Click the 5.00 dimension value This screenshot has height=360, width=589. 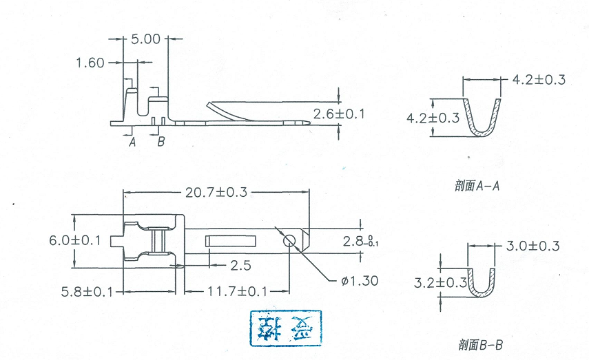click(x=145, y=39)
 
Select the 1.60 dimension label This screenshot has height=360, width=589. click(x=90, y=63)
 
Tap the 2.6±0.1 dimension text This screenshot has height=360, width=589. click(x=339, y=114)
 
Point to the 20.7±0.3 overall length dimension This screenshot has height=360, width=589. click(x=216, y=192)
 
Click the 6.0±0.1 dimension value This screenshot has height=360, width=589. click(x=75, y=240)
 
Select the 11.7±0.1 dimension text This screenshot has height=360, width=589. click(x=234, y=292)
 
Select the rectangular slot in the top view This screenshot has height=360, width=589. click(x=229, y=241)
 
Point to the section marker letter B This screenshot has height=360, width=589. click(x=161, y=142)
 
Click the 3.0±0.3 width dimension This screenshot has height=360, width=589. click(x=533, y=246)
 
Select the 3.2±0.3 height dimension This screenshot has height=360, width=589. click(x=441, y=282)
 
